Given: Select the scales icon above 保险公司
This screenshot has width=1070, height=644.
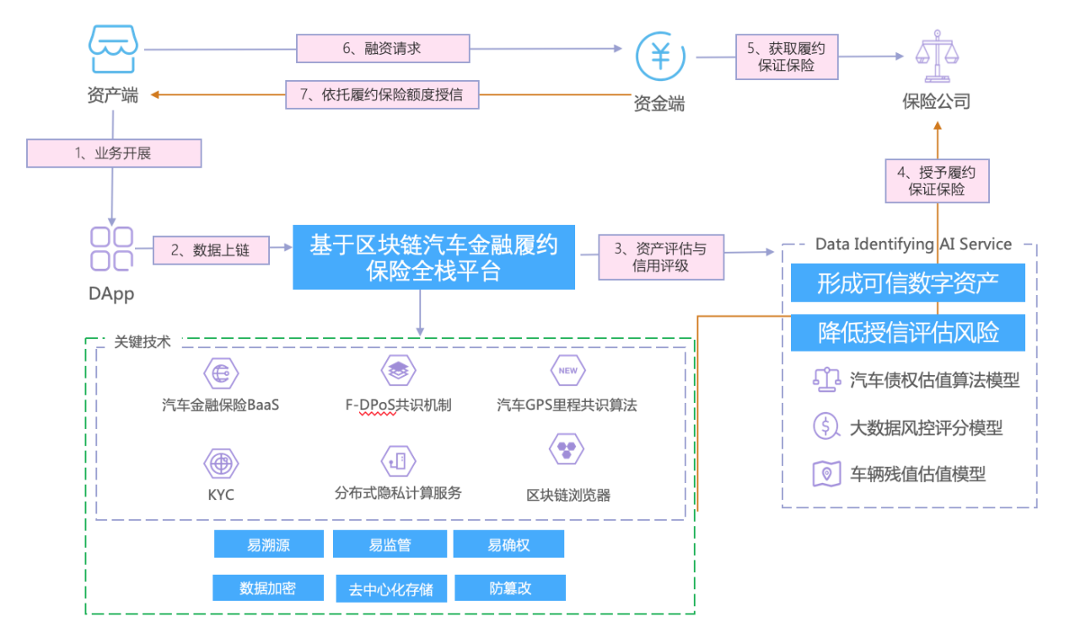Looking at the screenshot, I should [x=937, y=55].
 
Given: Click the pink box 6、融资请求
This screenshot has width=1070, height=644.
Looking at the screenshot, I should [x=383, y=48].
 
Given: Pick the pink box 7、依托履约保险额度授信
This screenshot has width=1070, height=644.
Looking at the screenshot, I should [x=383, y=94].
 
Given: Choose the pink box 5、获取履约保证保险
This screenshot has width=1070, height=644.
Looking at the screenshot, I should [x=787, y=56].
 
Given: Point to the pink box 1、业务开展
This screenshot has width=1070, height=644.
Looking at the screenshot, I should [x=114, y=153].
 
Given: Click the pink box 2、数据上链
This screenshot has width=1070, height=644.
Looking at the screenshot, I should [x=212, y=250].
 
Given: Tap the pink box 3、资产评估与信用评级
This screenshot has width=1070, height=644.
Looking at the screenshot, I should [x=661, y=256].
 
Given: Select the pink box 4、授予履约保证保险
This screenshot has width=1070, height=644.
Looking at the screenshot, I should [x=937, y=180].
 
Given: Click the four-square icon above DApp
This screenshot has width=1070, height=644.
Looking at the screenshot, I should [x=112, y=249].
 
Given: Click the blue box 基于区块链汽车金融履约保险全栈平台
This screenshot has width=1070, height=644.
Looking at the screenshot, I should [x=433, y=257].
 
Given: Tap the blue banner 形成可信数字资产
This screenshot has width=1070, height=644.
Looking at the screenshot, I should [x=907, y=283].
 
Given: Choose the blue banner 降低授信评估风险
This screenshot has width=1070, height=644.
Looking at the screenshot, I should [x=907, y=332].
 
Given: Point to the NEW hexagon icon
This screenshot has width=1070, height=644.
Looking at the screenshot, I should [x=567, y=371].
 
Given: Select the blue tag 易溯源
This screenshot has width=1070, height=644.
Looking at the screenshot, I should [x=268, y=545].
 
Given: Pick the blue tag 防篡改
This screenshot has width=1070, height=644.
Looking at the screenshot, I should [x=509, y=588].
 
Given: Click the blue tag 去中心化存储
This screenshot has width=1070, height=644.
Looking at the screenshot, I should [x=390, y=588].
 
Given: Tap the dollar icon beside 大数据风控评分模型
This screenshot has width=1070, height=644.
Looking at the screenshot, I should [x=825, y=427].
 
